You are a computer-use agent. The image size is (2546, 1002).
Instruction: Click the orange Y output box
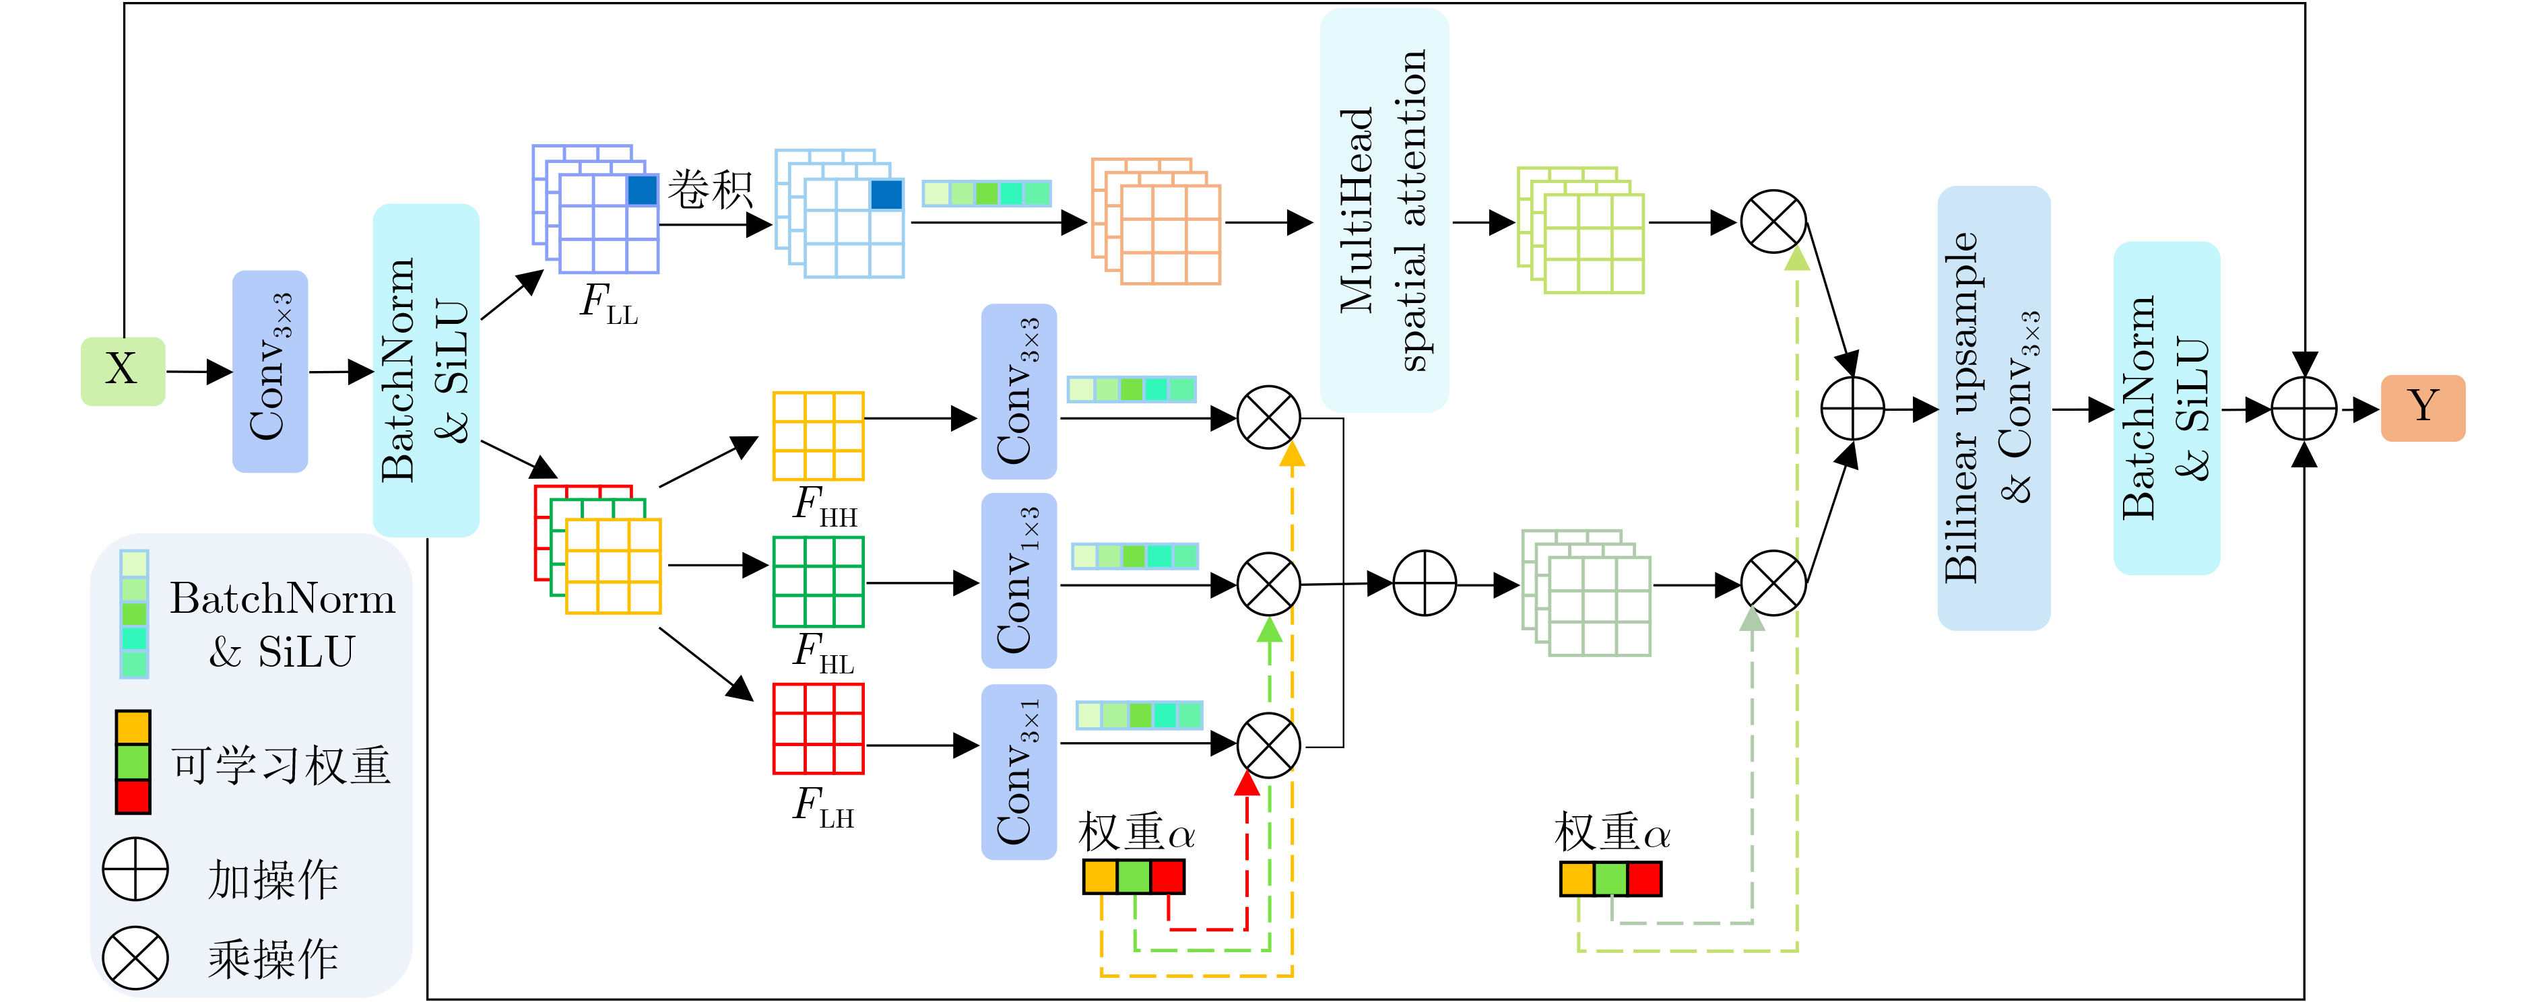click(x=2423, y=407)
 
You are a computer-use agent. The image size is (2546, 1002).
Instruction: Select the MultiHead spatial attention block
click(x=1383, y=209)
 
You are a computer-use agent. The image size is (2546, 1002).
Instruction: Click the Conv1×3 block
click(x=1018, y=581)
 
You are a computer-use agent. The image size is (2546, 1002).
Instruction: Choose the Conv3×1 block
click(x=1018, y=772)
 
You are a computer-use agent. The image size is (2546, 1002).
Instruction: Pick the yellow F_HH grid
click(x=818, y=436)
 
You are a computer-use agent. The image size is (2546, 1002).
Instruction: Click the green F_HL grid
click(x=818, y=581)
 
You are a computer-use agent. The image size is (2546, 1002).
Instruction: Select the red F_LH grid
click(x=818, y=729)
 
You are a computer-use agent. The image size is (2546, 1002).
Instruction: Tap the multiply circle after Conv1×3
click(x=1269, y=583)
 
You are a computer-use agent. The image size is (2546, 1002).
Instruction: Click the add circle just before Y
click(x=2304, y=408)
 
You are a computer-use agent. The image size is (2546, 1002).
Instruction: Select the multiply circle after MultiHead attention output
click(x=1773, y=222)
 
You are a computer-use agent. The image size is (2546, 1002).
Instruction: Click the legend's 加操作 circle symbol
click(x=135, y=869)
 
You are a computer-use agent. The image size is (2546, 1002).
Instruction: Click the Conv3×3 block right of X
click(x=270, y=372)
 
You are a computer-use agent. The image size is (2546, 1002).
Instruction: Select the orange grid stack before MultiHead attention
click(x=1156, y=222)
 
